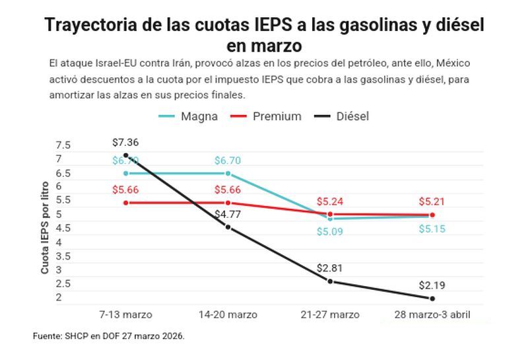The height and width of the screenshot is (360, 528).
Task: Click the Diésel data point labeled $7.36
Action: tap(125, 155)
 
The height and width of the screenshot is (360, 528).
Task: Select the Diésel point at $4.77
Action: tap(228, 227)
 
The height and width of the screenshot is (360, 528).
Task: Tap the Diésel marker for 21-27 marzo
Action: tap(330, 281)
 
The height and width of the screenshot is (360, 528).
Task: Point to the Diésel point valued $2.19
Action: tap(432, 299)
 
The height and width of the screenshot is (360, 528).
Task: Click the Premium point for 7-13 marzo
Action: tap(125, 203)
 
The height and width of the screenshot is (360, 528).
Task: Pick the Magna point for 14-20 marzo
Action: tap(228, 174)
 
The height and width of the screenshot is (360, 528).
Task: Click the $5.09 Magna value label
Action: tap(330, 232)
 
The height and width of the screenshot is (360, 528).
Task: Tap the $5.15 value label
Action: tap(432, 229)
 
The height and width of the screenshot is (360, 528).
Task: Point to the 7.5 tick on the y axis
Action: tap(63, 145)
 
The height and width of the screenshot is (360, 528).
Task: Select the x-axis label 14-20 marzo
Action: tap(228, 314)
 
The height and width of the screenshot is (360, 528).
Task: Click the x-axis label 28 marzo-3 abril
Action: tap(432, 314)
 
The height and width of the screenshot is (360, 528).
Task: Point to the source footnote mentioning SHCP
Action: tap(109, 336)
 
